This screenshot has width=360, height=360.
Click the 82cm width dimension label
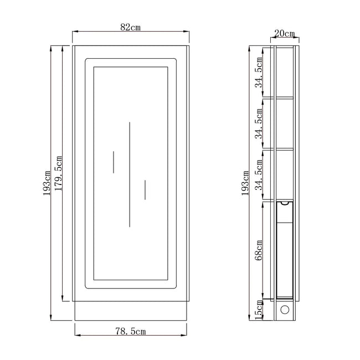tap(130, 27)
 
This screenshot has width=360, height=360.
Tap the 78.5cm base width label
tap(130, 331)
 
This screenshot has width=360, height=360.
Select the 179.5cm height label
tap(58, 173)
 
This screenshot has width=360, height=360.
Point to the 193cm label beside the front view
tap(47, 183)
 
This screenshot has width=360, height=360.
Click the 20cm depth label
tap(284, 34)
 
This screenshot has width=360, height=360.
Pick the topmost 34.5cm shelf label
tap(259, 73)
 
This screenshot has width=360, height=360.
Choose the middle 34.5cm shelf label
tap(259, 124)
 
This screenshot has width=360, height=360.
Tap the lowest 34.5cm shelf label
tap(259, 175)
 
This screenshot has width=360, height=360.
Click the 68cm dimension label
tap(259, 250)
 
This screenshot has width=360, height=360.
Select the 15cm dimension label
tap(259, 310)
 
